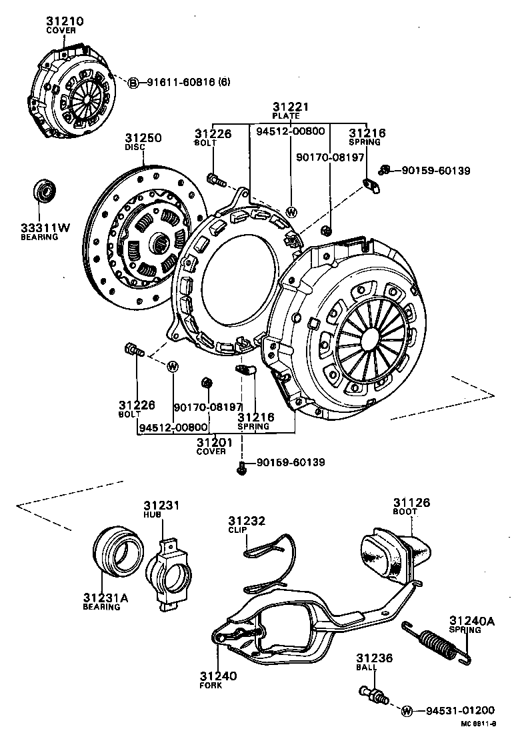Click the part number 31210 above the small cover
(65, 21)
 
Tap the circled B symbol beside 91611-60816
(133, 83)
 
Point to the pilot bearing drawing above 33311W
(47, 191)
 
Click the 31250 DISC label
(144, 142)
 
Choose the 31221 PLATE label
(291, 111)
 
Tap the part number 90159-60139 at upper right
(435, 171)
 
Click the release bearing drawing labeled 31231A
(117, 552)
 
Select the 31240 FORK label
(218, 680)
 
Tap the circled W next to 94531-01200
(407, 710)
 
